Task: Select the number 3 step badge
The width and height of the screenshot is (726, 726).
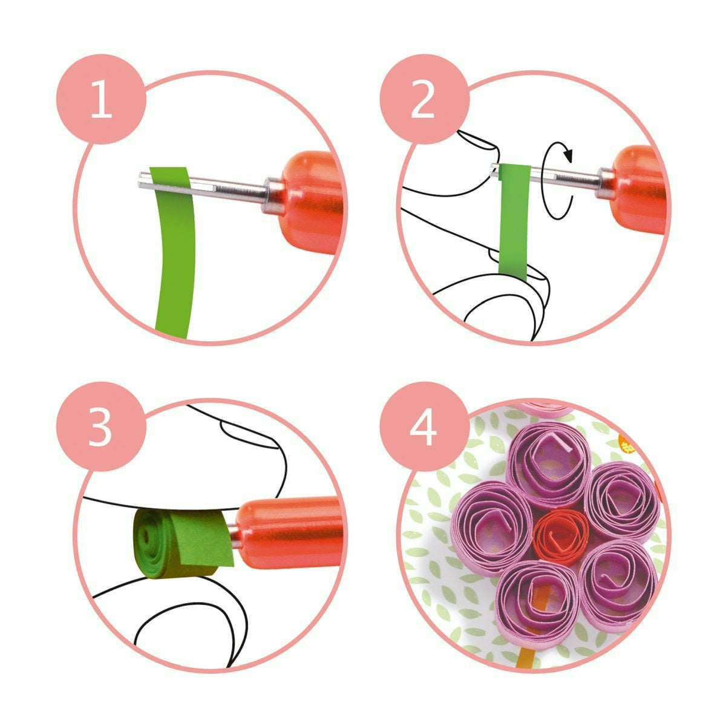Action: pyautogui.click(x=102, y=427)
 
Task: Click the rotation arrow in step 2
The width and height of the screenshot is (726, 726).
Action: pyautogui.click(x=557, y=181)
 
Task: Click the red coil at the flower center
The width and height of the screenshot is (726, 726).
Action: pyautogui.click(x=561, y=536)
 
